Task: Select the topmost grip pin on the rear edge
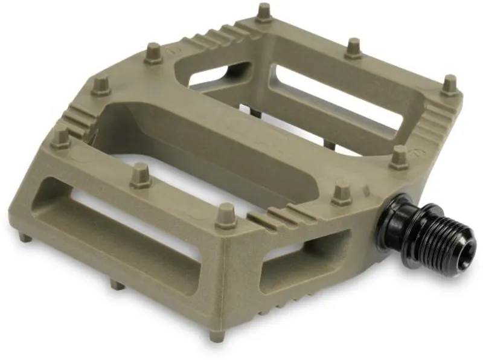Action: (263, 13)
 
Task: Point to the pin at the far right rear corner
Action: (449, 85)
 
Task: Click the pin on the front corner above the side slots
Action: (226, 215)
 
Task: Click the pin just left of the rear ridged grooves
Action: (153, 53)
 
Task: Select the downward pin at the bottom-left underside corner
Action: (24, 237)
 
